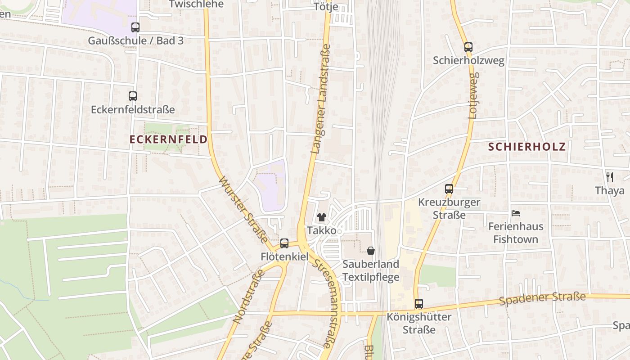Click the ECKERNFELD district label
[169, 139]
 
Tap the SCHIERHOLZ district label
[527, 147]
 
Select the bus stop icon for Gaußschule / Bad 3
[135, 27]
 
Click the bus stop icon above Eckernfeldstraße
[132, 96]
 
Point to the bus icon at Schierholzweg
[468, 47]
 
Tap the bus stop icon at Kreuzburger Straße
[449, 189]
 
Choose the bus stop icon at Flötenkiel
[284, 243]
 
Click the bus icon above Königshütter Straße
[419, 304]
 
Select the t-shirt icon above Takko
[321, 217]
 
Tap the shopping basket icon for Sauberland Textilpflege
[371, 251]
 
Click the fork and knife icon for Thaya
[610, 177]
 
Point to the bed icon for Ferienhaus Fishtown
[516, 213]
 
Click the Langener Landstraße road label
[321, 99]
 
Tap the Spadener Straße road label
[542, 299]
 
